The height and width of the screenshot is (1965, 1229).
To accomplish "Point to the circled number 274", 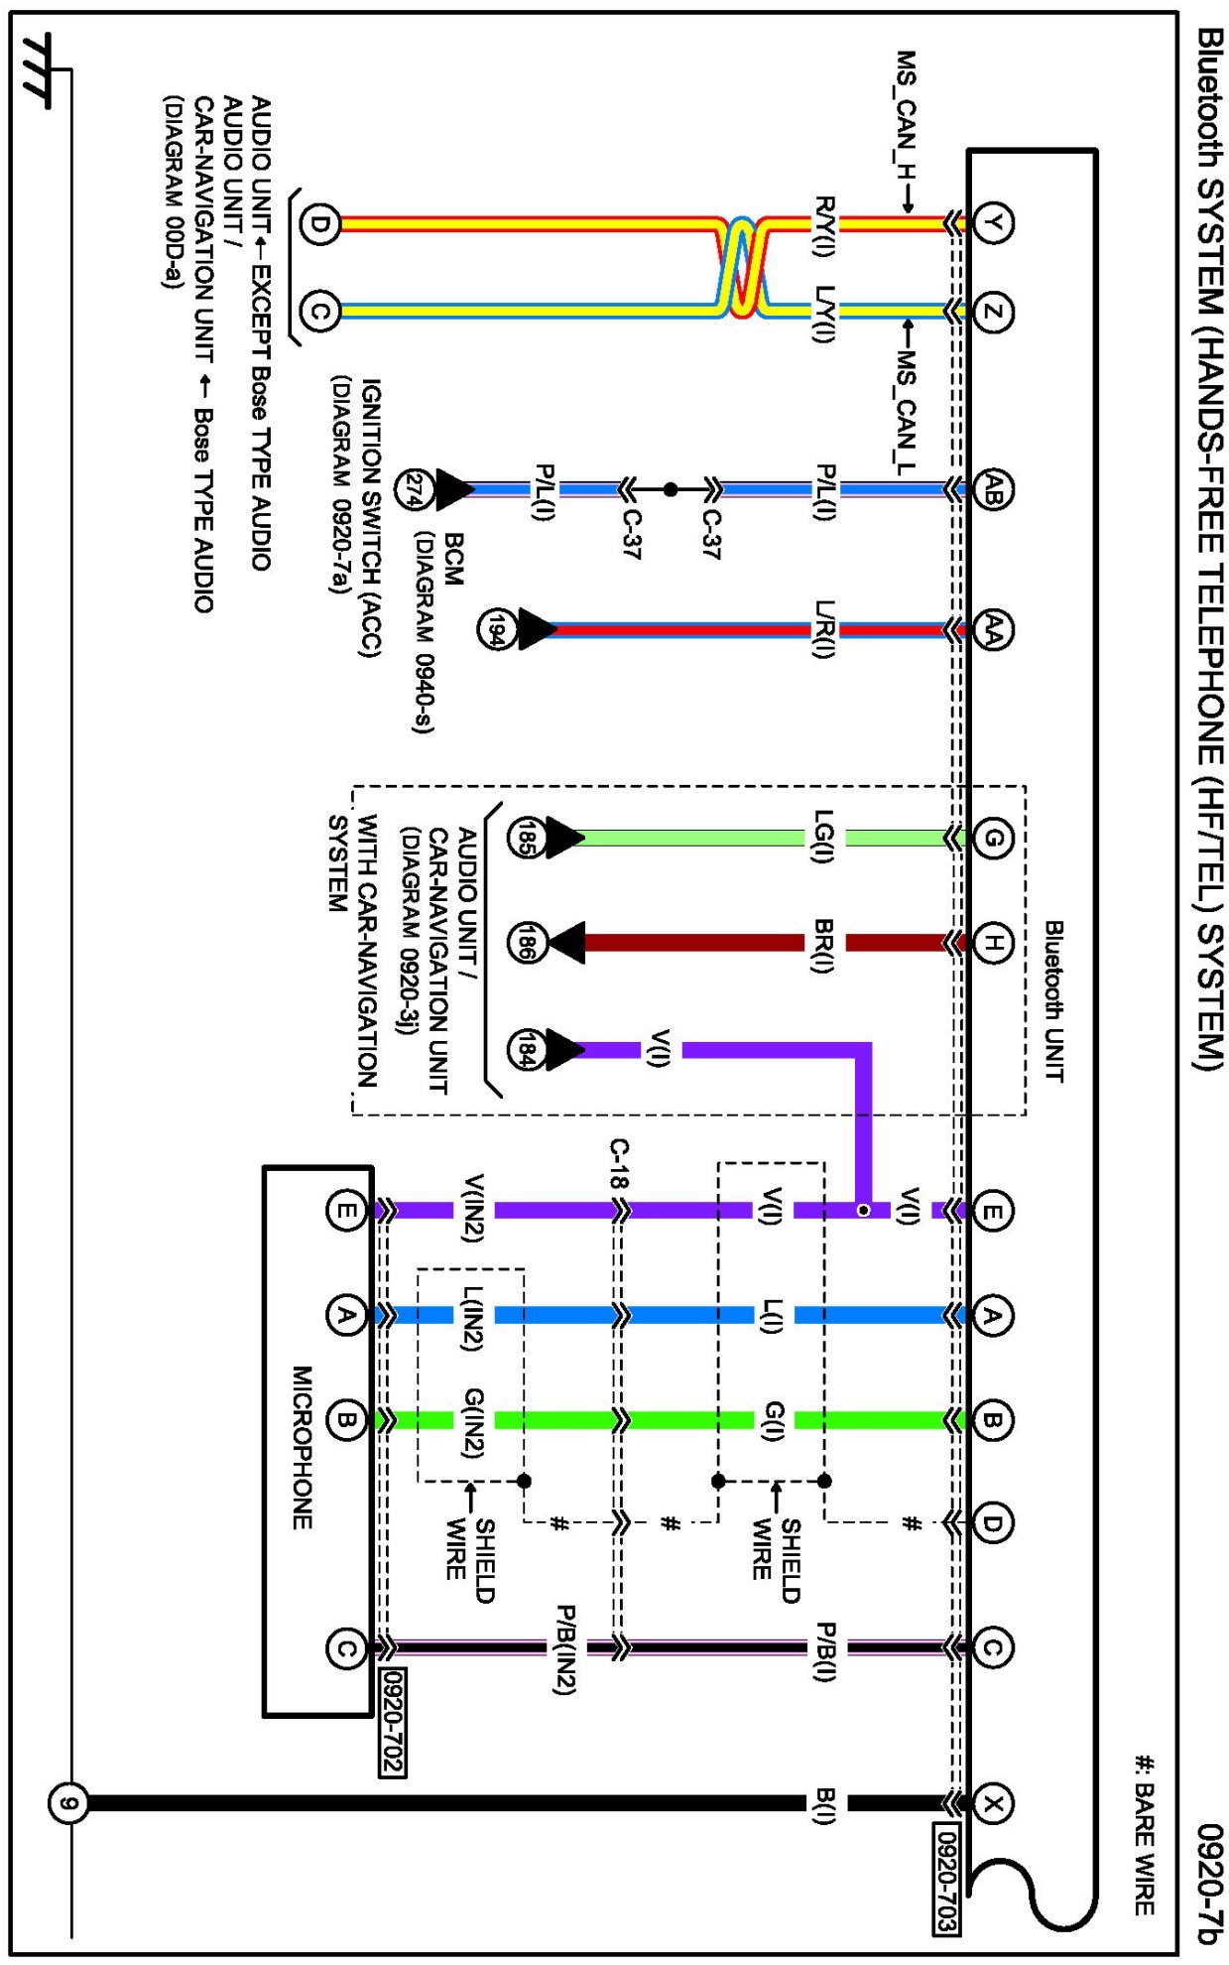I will click(413, 489).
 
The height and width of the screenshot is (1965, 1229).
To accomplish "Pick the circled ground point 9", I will click(67, 1803).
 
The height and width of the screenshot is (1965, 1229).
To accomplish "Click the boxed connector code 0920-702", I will click(393, 1722).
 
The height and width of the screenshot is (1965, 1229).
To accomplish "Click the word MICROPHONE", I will click(303, 1448).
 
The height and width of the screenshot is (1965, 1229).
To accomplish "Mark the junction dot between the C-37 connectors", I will click(671, 489).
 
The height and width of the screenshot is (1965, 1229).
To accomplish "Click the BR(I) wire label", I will click(823, 945).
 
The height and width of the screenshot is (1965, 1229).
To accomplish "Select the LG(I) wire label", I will click(823, 837).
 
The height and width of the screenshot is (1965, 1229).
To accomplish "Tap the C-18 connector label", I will click(618, 1163).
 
